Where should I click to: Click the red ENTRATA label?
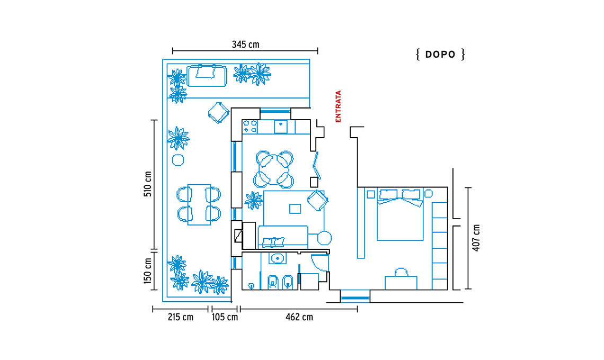pos(338,106)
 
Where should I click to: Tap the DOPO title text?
pos(440,55)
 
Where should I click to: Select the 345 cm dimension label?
pos(245,44)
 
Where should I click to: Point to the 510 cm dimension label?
pos(148,184)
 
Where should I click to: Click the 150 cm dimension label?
pos(148,271)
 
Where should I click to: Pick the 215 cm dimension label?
pos(180,317)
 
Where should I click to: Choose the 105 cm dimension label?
pos(225,317)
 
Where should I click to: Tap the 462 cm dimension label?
pos(299,317)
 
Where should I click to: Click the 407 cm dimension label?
pos(476,238)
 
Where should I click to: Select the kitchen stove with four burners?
pos(250,127)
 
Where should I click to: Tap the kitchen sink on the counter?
pos(280,127)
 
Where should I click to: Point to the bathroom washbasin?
pos(277,258)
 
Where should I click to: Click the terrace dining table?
pos(199,204)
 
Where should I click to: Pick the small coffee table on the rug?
pos(295,209)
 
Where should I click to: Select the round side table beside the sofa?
pos(324,238)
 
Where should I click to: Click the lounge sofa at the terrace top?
pos(207,76)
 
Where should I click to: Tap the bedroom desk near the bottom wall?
pos(401,283)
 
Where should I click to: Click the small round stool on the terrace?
pos(177,160)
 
